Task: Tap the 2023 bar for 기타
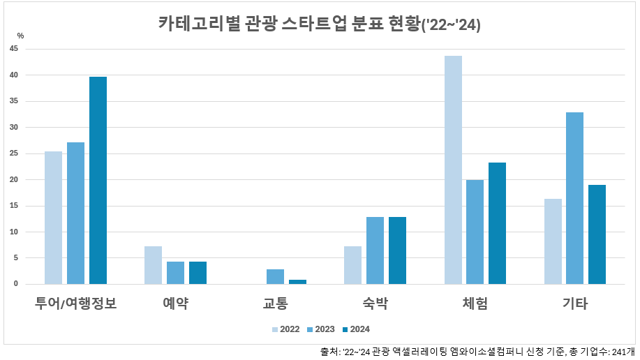tap(574, 198)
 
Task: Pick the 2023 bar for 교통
tap(275, 276)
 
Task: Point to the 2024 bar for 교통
tap(297, 281)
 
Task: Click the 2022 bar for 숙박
tap(352, 265)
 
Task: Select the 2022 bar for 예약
tap(153, 265)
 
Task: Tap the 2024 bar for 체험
tap(497, 223)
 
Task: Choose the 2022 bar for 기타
tap(553, 241)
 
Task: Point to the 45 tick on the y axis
tap(14, 49)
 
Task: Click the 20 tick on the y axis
tap(14, 179)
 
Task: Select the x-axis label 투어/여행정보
tap(75, 303)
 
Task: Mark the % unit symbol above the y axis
tap(20, 36)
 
